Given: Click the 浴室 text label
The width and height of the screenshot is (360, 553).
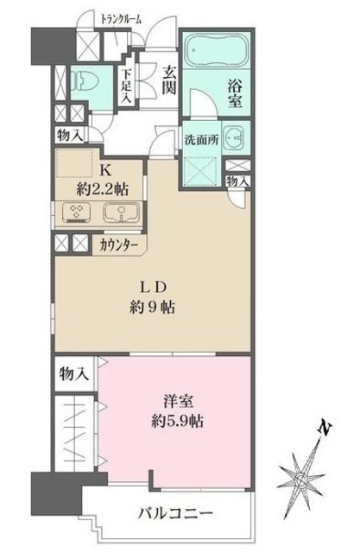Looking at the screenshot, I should pos(236,92).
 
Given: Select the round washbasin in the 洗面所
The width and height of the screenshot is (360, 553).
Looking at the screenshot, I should pos(233,138).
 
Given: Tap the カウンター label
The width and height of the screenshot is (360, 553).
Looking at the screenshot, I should pos(121,244).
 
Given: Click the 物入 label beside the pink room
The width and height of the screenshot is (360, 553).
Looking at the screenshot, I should pos(73,373).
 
